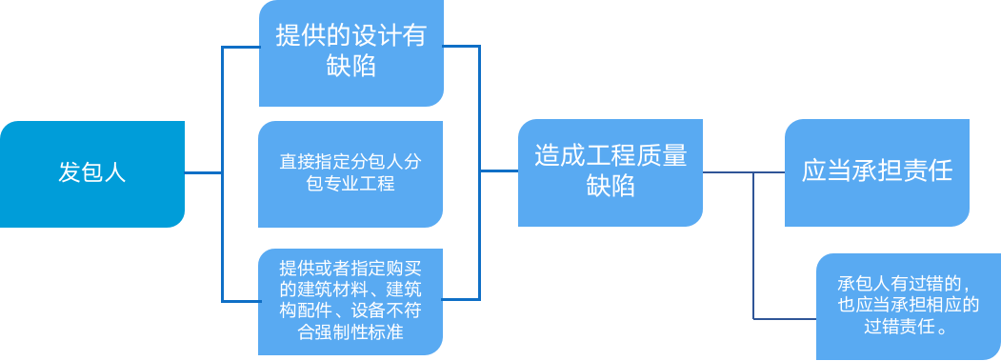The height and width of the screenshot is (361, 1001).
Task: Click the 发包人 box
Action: (91, 173)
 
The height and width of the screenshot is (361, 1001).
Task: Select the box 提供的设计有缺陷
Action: (350, 52)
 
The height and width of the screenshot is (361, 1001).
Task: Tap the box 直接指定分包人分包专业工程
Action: (350, 173)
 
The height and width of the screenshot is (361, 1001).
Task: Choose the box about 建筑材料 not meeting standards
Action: (350, 299)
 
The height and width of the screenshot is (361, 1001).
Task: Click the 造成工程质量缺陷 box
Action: (610, 172)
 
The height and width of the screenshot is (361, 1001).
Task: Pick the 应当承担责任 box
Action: (877, 172)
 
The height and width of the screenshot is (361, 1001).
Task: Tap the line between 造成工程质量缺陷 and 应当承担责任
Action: (743, 172)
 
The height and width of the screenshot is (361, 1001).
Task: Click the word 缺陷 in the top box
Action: (350, 68)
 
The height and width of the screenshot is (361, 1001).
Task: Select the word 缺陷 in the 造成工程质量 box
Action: (610, 188)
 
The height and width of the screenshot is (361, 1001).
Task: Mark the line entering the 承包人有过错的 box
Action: (786, 317)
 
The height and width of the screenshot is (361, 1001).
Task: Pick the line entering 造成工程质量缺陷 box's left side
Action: (498, 171)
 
